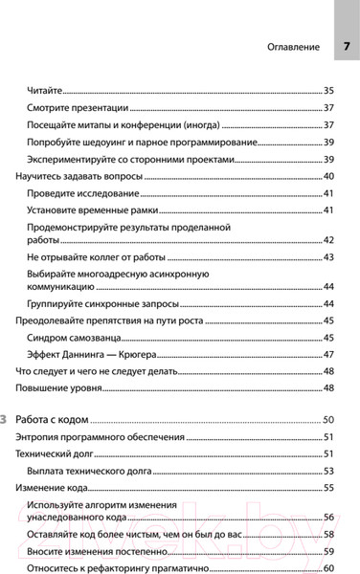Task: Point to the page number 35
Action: [x=328, y=89]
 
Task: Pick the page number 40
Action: [x=328, y=177]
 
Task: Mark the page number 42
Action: [x=328, y=240]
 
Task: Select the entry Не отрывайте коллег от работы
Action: [x=97, y=257]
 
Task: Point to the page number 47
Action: [x=328, y=354]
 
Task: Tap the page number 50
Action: [x=328, y=420]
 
